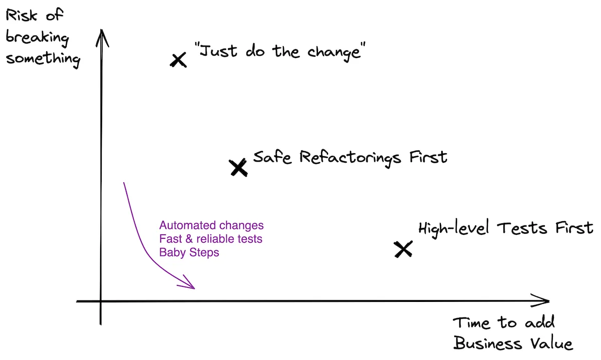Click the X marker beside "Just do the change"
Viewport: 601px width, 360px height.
pos(178,60)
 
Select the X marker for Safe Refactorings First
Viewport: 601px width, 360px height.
pos(238,167)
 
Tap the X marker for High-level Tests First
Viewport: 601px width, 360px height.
pos(403,249)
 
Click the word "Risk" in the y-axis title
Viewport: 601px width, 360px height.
pos(22,16)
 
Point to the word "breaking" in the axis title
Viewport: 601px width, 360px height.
pos(37,38)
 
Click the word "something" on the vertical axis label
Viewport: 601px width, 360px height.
pos(43,59)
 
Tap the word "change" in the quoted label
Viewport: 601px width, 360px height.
pos(334,52)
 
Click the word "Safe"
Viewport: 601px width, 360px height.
pos(272,157)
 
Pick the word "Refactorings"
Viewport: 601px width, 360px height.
pos(351,158)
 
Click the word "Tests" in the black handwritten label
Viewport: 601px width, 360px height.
pos(522,229)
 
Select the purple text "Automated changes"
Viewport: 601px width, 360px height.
pos(211,226)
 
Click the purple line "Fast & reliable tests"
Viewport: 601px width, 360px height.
pos(211,239)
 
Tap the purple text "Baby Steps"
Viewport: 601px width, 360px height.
pos(189,253)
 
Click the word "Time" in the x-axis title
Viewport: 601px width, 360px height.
pos(471,323)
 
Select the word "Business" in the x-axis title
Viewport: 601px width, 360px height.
pos(487,344)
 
